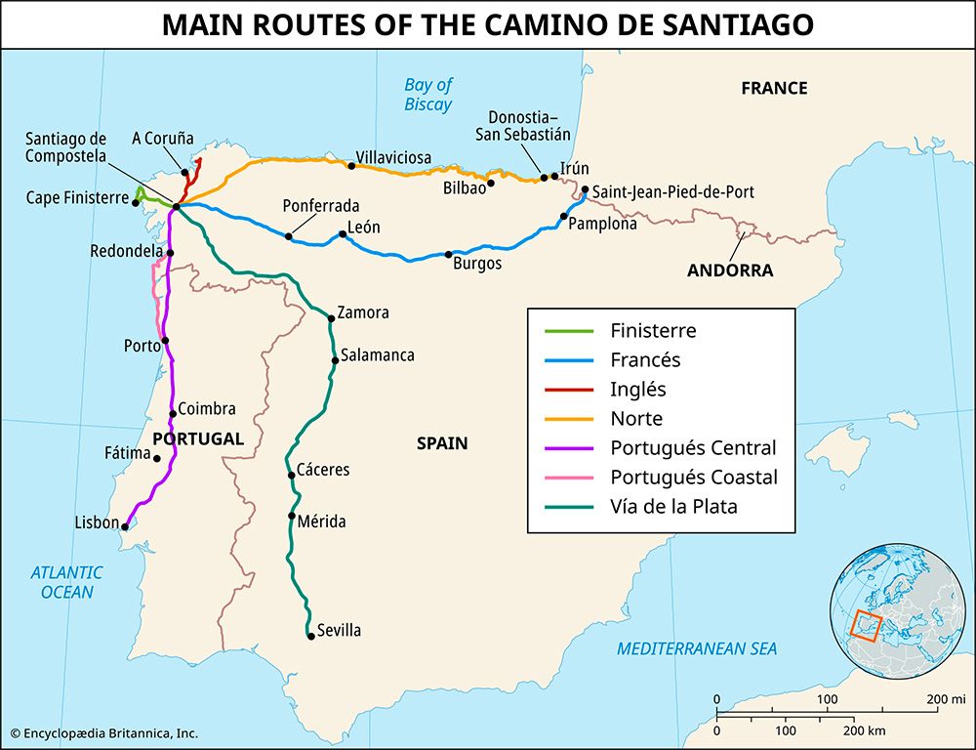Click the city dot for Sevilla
(x=310, y=636)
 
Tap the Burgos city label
(x=477, y=264)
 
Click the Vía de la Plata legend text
(x=673, y=507)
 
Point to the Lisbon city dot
(x=125, y=526)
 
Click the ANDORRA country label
(x=729, y=271)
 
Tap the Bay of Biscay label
(x=428, y=95)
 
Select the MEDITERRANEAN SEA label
(x=697, y=648)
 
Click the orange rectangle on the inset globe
(x=865, y=624)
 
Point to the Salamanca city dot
(x=335, y=360)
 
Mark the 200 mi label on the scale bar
(x=945, y=699)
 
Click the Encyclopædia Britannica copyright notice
(x=104, y=732)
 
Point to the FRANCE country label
(x=774, y=88)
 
